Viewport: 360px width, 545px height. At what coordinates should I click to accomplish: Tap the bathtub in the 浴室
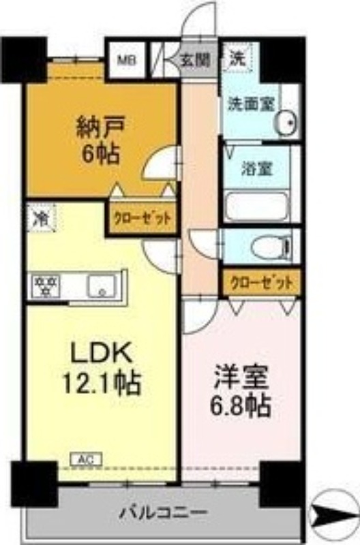pyautogui.click(x=258, y=205)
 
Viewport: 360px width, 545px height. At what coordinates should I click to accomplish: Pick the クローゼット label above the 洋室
pyautogui.click(x=262, y=281)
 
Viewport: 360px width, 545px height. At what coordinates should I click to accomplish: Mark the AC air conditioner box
pyautogui.click(x=82, y=460)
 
